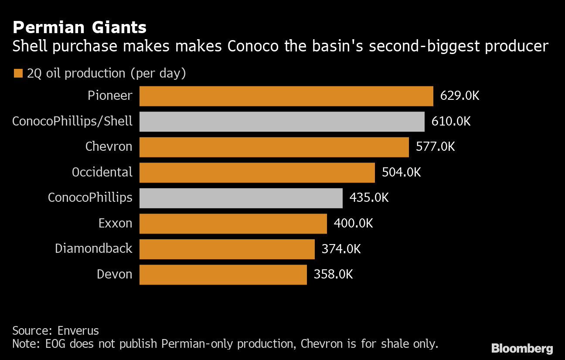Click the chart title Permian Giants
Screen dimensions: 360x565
79,28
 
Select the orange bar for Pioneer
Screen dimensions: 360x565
286,96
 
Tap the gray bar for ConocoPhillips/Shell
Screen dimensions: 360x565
282,122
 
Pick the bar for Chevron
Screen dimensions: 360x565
274,147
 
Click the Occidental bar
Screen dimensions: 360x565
257,173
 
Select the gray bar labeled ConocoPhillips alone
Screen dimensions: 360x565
241,198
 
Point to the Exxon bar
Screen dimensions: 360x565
233,224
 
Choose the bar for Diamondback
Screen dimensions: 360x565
227,249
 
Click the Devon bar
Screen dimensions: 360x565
223,275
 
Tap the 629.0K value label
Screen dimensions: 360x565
459,96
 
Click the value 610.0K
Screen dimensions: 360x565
451,121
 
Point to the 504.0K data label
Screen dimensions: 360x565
401,172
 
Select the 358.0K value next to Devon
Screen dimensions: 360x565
333,275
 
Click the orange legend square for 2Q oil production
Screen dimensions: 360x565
18,73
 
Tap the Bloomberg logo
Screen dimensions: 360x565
522,348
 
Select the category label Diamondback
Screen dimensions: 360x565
93,248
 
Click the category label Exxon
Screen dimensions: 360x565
115,223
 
